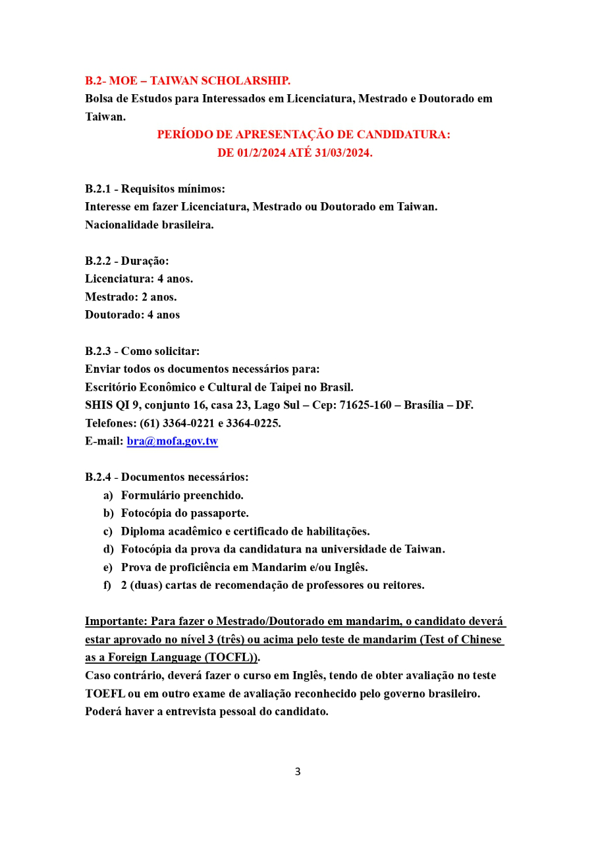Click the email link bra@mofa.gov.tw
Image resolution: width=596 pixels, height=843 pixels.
point(172,441)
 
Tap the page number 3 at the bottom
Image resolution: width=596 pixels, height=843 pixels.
point(298,771)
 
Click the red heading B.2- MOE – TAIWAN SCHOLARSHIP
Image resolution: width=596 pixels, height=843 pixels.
point(188,81)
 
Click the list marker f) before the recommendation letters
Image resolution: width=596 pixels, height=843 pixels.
point(107,585)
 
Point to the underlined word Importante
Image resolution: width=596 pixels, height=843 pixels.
point(115,621)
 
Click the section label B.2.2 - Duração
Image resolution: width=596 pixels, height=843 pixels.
point(126,261)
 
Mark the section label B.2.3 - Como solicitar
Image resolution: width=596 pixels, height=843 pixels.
point(142,351)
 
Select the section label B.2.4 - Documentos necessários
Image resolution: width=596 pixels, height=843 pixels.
point(167,477)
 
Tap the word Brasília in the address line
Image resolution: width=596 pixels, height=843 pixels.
point(421,405)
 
